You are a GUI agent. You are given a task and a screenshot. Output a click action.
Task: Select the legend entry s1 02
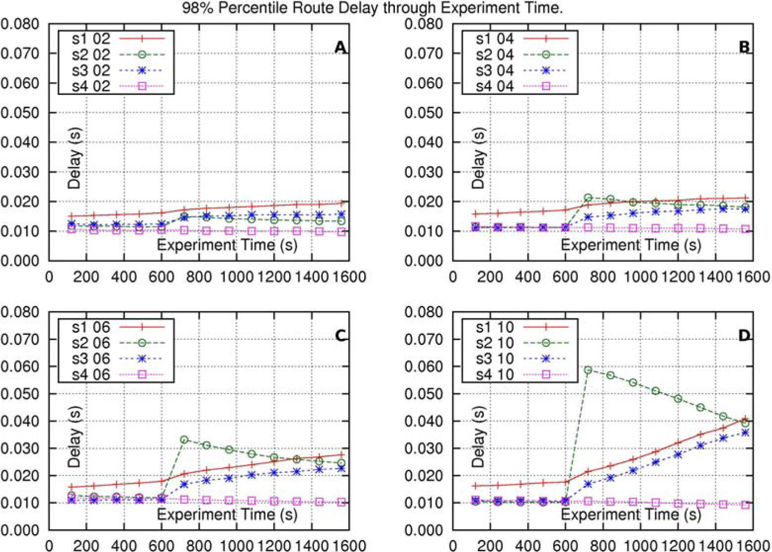click(91, 39)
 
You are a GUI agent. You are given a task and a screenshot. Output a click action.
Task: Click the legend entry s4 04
click(494, 86)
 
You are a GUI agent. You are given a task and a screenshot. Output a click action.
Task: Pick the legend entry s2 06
click(91, 343)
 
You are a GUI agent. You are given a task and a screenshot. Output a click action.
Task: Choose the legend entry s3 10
click(494, 359)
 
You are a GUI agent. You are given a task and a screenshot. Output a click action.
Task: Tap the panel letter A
click(340, 47)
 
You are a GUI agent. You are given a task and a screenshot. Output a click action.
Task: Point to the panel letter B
click(744, 47)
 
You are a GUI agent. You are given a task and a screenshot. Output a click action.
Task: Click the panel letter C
click(340, 336)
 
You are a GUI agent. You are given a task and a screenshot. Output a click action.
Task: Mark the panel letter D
click(744, 336)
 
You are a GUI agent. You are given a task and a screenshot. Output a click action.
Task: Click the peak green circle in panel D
click(588, 370)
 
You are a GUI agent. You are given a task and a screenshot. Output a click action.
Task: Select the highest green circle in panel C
click(184, 439)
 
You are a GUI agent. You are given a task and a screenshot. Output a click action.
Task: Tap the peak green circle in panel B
click(588, 198)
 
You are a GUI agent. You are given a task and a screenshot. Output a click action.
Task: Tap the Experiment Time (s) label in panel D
click(630, 514)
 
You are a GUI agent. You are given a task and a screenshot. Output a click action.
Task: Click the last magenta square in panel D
click(745, 505)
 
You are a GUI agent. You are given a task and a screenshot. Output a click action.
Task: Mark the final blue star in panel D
click(745, 433)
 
